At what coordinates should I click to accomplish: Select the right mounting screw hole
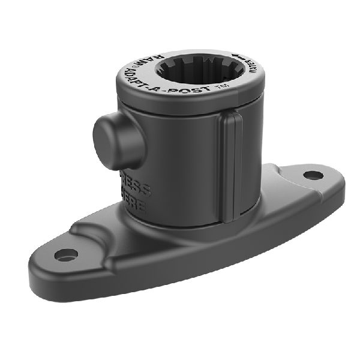coord(311,175)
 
